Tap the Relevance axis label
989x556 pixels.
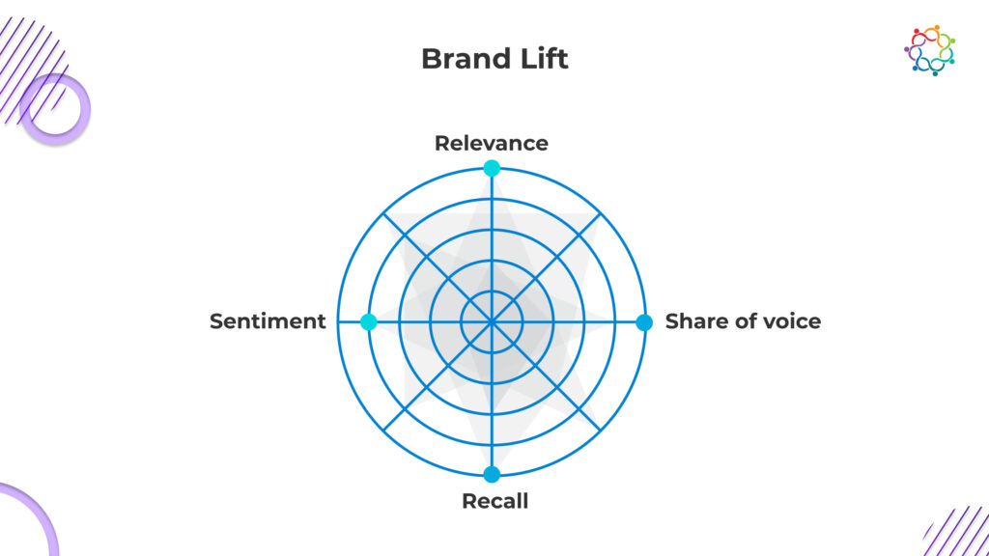pos(491,144)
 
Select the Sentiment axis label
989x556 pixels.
pos(268,321)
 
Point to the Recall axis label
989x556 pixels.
pos(494,502)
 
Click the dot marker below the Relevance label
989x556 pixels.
pos(492,169)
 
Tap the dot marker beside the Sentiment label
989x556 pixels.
pos(368,322)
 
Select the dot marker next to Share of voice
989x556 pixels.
pos(644,322)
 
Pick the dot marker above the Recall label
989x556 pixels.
pos(492,474)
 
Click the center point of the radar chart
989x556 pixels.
pos(492,321)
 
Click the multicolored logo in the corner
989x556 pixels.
pos(930,50)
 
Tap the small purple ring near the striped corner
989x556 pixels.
pos(55,109)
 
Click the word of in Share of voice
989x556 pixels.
pos(743,321)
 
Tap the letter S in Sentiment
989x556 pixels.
pos(216,321)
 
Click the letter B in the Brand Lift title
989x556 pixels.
pos(431,59)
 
